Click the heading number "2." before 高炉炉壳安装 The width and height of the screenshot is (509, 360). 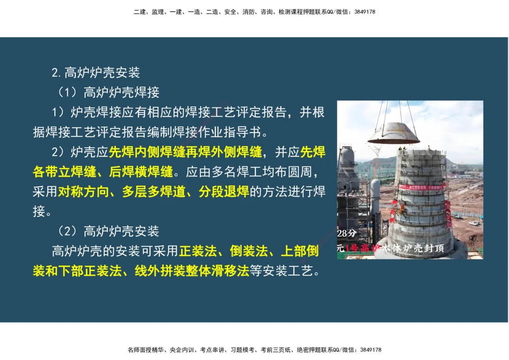[56, 73]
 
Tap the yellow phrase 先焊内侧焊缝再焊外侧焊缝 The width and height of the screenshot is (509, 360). [185, 152]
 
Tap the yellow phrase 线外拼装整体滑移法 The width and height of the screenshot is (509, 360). [191, 270]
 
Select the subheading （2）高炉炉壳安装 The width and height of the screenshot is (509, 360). [108, 231]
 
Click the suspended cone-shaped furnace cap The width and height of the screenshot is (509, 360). [393, 133]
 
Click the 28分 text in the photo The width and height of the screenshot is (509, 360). [347, 234]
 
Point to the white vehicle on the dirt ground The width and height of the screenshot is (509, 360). [474, 223]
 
